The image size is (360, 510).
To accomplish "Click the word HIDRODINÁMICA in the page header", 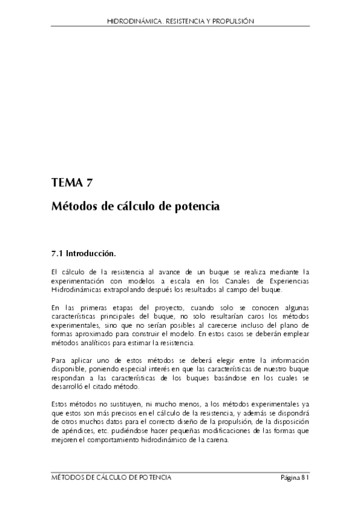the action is point(130,20).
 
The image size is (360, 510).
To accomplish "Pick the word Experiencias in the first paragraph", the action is point(287,280).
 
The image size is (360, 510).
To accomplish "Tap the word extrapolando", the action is point(123,289).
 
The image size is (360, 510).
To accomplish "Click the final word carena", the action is point(215,440).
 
